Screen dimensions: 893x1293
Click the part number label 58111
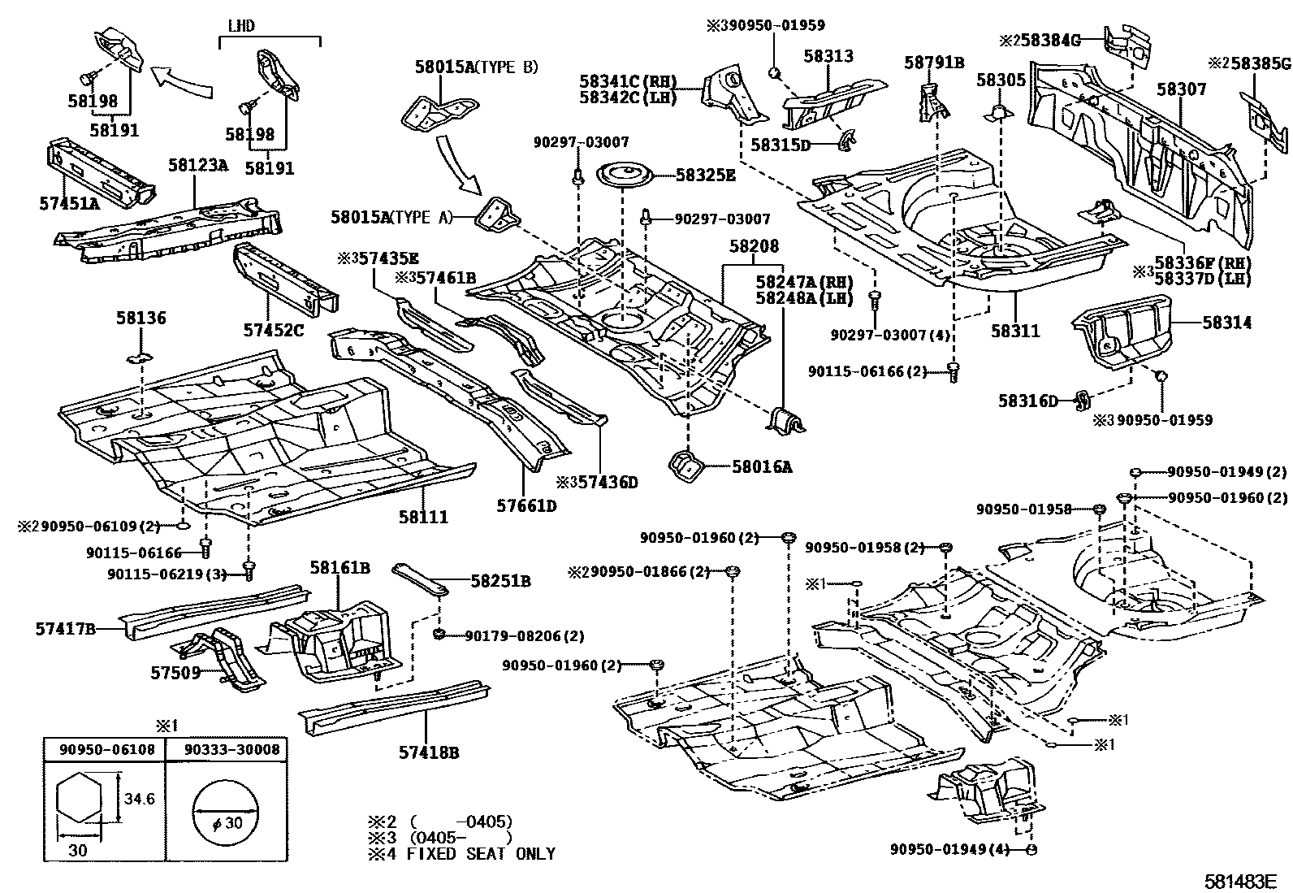click(x=422, y=517)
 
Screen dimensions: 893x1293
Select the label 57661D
click(x=526, y=506)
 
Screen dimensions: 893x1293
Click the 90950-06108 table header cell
click(x=106, y=749)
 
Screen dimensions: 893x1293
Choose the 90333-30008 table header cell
click(x=228, y=749)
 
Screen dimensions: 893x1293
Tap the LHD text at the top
click(x=240, y=26)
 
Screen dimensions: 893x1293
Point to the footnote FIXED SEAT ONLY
click(x=481, y=854)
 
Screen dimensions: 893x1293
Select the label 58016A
click(x=761, y=466)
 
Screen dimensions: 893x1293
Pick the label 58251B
click(x=500, y=581)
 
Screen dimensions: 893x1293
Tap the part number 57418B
click(x=428, y=752)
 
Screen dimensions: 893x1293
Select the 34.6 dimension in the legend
click(x=139, y=799)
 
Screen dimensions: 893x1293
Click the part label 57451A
click(x=68, y=203)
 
